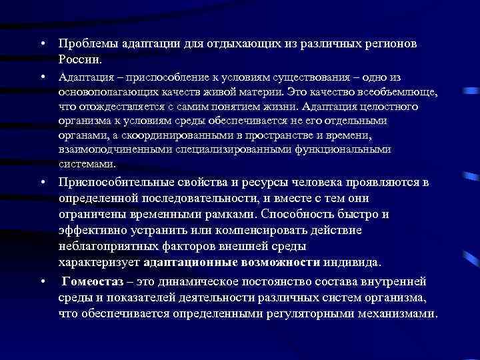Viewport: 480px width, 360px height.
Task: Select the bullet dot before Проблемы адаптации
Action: click(42, 44)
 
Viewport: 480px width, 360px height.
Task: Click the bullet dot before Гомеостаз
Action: click(42, 281)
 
